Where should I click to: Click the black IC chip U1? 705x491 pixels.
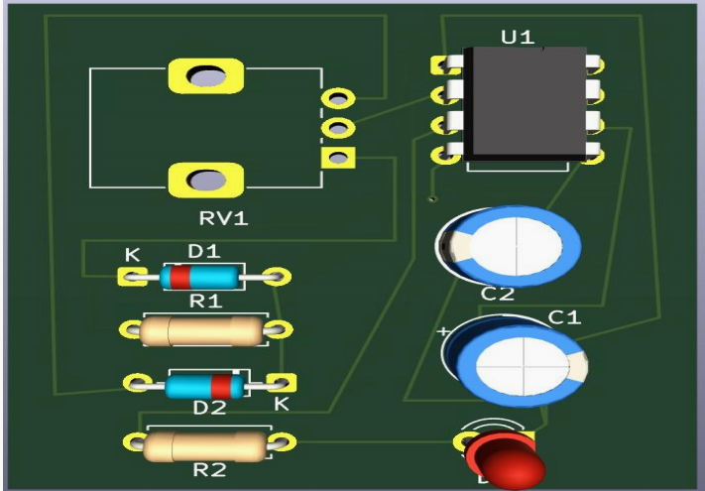pyautogui.click(x=525, y=104)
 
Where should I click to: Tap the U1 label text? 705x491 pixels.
pyautogui.click(x=518, y=38)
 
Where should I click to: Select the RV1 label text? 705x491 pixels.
pyautogui.click(x=223, y=218)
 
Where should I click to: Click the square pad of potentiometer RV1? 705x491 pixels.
pyautogui.click(x=338, y=158)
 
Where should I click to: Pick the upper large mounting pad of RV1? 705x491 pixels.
pyautogui.click(x=206, y=76)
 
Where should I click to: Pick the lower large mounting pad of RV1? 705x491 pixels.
pyautogui.click(x=206, y=180)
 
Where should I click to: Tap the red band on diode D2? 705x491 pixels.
pyautogui.click(x=221, y=386)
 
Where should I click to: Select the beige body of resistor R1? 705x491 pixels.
pyautogui.click(x=200, y=331)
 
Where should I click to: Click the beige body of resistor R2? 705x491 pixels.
pyautogui.click(x=205, y=446)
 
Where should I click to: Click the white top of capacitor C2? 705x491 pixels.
pyautogui.click(x=517, y=246)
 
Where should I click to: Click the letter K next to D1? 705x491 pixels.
pyautogui.click(x=133, y=255)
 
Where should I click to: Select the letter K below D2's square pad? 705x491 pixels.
pyautogui.click(x=282, y=404)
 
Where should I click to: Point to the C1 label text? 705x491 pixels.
pyautogui.click(x=564, y=317)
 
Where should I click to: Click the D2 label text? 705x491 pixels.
pyautogui.click(x=209, y=408)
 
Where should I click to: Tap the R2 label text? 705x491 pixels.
pyautogui.click(x=209, y=470)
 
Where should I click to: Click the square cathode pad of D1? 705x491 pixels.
pyautogui.click(x=132, y=277)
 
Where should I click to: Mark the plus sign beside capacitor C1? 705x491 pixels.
pyautogui.click(x=444, y=332)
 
